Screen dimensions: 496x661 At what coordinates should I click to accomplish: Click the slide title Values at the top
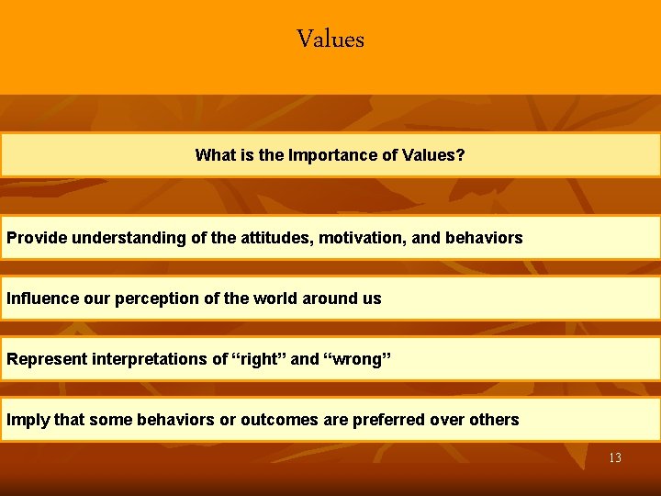[330, 39]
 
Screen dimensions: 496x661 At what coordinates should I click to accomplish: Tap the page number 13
[614, 457]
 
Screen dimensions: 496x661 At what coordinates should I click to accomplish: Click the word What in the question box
[215, 155]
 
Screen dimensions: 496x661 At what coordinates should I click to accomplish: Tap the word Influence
[39, 299]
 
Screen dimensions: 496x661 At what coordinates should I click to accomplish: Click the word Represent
[47, 359]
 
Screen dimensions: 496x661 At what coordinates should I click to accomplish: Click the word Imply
[28, 420]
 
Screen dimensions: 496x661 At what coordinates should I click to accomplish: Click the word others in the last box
[495, 420]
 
